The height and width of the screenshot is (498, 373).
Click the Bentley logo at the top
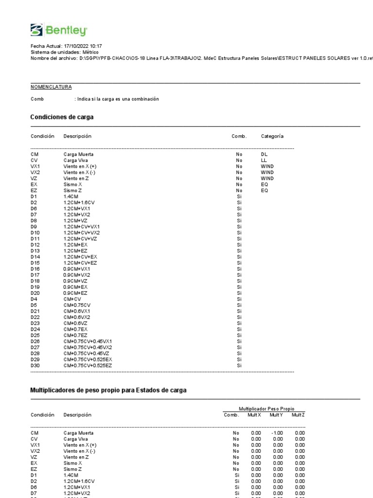(x=59, y=30)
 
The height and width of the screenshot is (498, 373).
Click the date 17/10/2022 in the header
(x=76, y=46)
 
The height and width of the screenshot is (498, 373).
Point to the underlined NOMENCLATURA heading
(x=51, y=87)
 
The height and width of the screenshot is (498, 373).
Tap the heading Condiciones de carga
(x=62, y=117)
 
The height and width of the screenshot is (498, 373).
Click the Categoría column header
(x=272, y=136)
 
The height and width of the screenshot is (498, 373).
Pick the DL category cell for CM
(x=264, y=154)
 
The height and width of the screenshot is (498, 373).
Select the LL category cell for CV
(x=264, y=160)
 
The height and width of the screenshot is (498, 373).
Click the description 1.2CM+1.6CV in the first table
(x=79, y=202)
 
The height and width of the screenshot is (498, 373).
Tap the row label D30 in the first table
(x=35, y=365)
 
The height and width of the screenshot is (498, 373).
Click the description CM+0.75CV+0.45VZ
(x=87, y=353)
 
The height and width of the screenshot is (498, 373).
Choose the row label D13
(x=35, y=250)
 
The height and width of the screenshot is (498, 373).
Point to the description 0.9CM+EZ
(x=76, y=293)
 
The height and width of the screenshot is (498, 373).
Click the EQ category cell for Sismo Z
(x=264, y=191)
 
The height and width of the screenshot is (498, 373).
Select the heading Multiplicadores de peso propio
(x=108, y=391)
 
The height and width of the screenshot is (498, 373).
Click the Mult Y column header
(x=276, y=414)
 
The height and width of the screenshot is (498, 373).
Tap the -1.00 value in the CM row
(x=277, y=433)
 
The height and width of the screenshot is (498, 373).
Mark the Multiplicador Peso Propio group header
(x=266, y=409)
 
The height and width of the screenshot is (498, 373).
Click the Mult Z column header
(x=298, y=414)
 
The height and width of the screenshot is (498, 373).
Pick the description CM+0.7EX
(x=75, y=329)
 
